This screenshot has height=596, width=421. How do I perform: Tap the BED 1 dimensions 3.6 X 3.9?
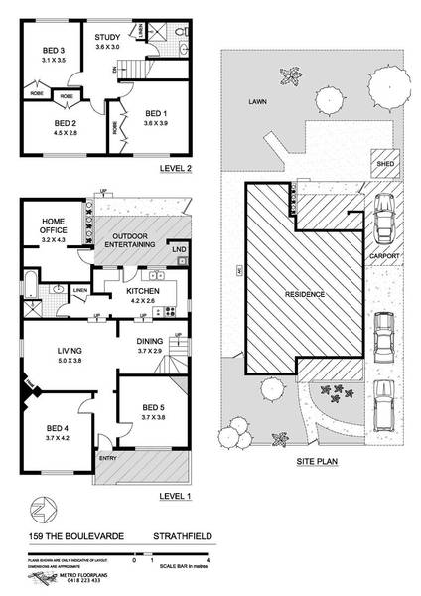coord(158,122)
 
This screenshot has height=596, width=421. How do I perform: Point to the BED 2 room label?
coord(58,123)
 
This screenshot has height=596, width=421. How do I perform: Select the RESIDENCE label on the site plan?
coord(304,295)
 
